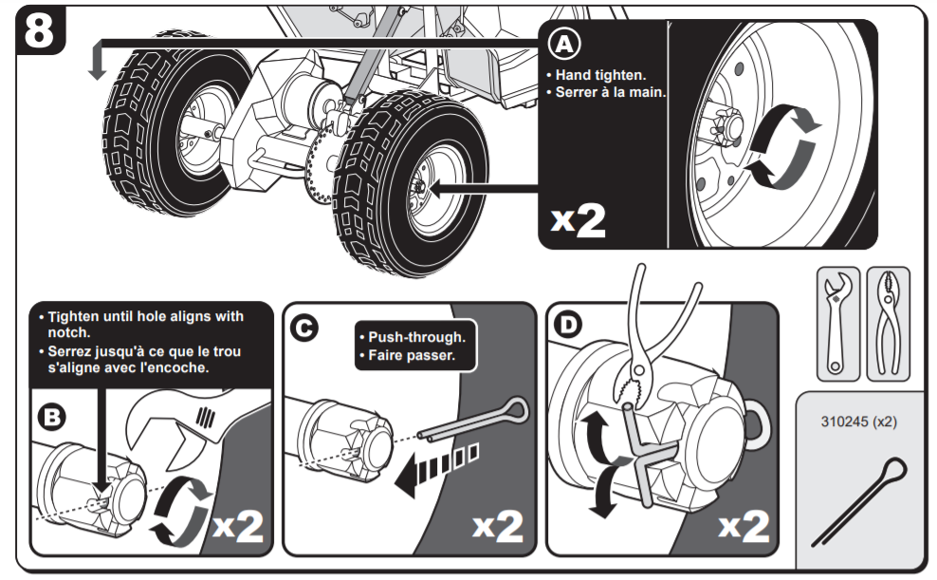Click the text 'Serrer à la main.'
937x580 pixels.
606,92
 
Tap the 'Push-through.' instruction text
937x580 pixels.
416,338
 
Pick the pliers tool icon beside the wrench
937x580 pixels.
888,323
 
